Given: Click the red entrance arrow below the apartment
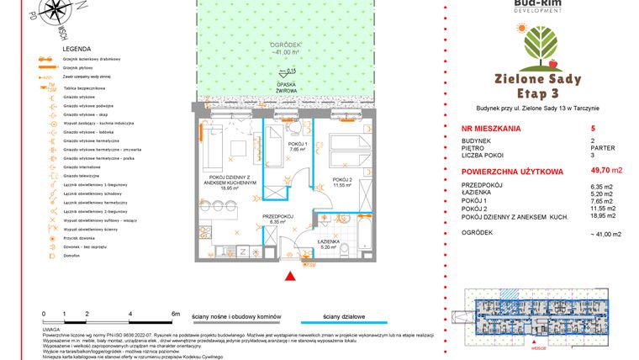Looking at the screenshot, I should point(291,275).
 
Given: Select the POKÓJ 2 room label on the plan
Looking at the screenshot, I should point(341,181).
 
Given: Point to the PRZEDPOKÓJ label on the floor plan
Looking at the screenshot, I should point(277,219).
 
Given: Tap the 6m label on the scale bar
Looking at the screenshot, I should point(175,312).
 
